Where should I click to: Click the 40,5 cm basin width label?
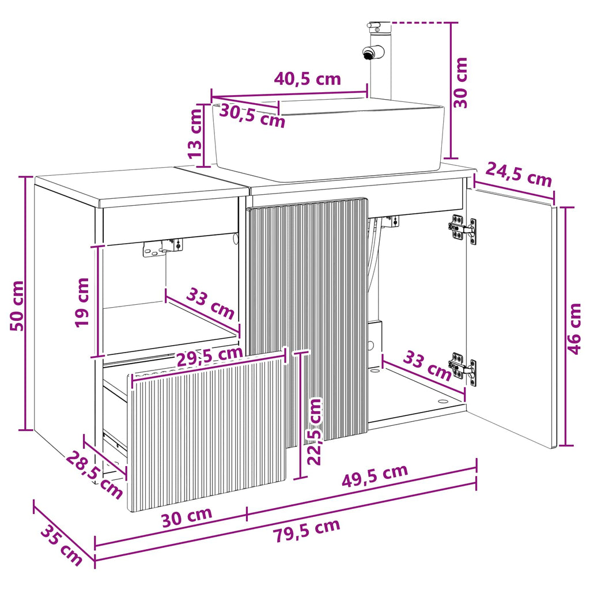coord(308,79)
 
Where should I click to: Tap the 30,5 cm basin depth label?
coord(252,115)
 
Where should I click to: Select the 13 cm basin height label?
coord(195,134)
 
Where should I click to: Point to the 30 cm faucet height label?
coord(460,83)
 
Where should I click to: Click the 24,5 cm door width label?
coord(518,174)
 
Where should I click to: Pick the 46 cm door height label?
coord(574,329)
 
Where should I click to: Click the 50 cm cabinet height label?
coord(17,305)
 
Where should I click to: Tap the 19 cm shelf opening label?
coord(82,302)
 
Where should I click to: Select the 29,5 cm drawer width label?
coord(210,356)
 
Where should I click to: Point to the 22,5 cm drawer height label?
coord(314,432)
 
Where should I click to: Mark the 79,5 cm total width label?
coord(307,530)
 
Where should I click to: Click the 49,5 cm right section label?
coord(375,476)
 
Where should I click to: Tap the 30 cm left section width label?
coord(187,517)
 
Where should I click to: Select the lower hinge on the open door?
coord(462,369)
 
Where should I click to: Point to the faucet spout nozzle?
coord(368,54)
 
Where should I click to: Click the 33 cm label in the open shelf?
coord(210,303)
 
